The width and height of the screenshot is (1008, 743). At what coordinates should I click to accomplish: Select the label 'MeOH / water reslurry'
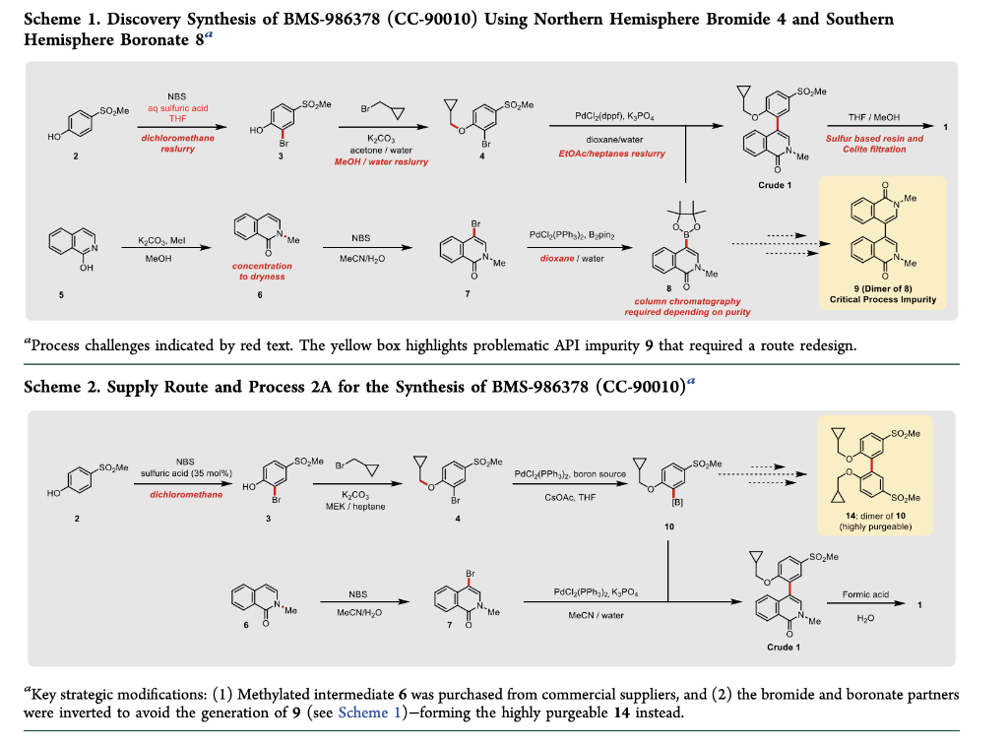384,161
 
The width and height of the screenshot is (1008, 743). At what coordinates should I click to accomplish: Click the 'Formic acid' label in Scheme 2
865,594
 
